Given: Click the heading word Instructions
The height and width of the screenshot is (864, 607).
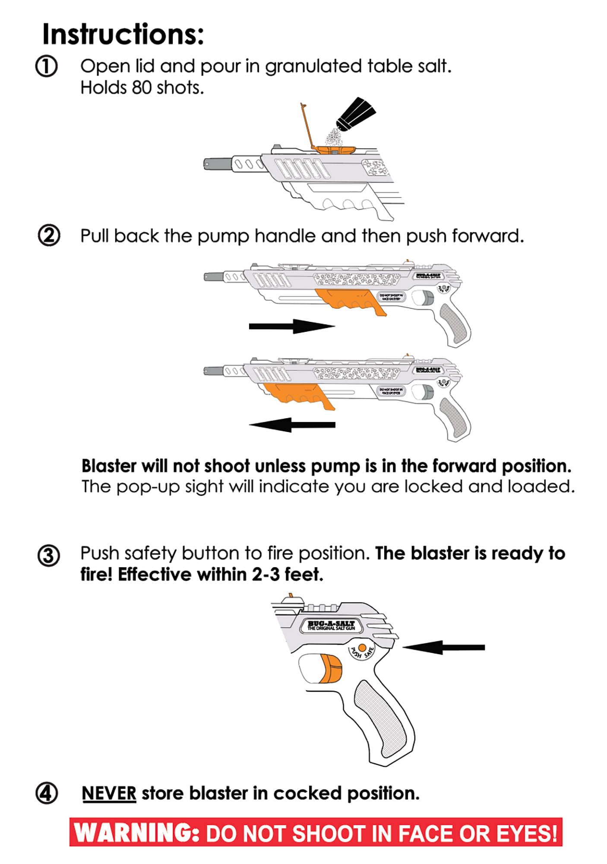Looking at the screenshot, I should pos(123,35).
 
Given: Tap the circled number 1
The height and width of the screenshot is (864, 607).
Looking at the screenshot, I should pos(46,67).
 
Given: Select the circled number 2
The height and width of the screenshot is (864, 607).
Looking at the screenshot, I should pos(49,236).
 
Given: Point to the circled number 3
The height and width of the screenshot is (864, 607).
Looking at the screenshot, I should pos(48,556).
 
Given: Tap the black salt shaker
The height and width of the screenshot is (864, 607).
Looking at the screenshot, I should pos(355,114).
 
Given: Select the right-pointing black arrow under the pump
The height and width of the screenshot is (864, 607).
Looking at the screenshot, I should pos(292,326).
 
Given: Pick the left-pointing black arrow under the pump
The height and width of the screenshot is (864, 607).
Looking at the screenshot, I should pos(292,425).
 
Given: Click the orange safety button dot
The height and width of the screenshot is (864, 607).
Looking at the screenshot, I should pos(362,648).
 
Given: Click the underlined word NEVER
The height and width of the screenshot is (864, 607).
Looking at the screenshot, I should pos(109,794).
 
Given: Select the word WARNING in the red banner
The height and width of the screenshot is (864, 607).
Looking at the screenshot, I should pos(136,832).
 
